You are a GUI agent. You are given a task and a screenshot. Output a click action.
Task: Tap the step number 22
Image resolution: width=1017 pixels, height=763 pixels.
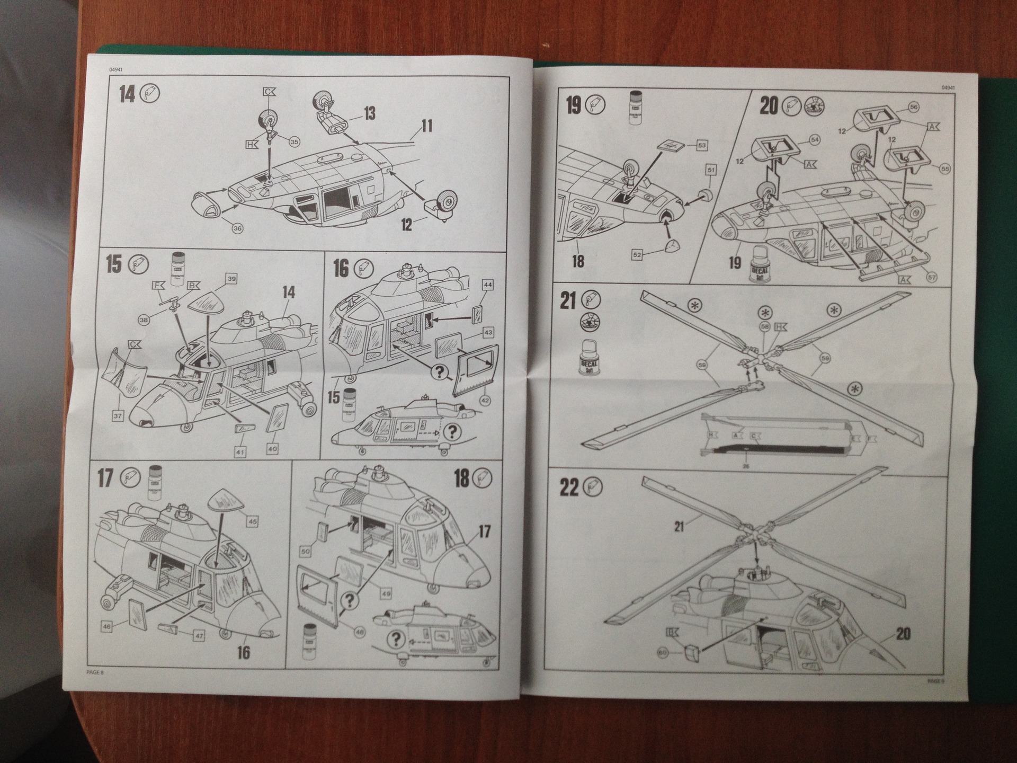[569, 487]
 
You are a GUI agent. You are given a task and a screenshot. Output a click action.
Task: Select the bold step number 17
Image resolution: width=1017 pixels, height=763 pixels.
[105, 478]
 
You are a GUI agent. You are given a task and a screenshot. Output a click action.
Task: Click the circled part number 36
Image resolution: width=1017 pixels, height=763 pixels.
[237, 228]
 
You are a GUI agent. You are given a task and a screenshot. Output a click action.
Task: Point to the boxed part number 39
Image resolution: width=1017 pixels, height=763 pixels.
[231, 279]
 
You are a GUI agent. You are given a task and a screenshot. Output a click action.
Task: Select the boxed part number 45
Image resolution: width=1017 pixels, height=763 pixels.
[253, 521]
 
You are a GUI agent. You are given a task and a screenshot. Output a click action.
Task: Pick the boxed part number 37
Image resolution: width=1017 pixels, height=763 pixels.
[118, 416]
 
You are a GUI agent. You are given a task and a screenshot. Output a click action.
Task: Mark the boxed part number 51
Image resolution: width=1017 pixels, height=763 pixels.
[711, 170]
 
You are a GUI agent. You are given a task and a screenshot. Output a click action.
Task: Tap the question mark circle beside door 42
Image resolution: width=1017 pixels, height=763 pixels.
[439, 372]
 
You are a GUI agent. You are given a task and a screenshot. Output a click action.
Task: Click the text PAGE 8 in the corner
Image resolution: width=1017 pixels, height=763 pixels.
[95, 672]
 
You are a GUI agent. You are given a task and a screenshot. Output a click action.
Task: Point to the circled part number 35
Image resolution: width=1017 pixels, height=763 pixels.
[294, 141]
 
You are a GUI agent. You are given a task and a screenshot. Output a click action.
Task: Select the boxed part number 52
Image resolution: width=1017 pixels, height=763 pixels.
[637, 255]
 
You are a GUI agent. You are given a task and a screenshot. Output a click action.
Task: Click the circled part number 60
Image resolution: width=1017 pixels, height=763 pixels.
[663, 653]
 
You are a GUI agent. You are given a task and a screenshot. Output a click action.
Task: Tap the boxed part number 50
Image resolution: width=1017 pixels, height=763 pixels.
[306, 552]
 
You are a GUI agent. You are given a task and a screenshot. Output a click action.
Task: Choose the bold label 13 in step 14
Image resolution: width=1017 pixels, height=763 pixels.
[369, 113]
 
